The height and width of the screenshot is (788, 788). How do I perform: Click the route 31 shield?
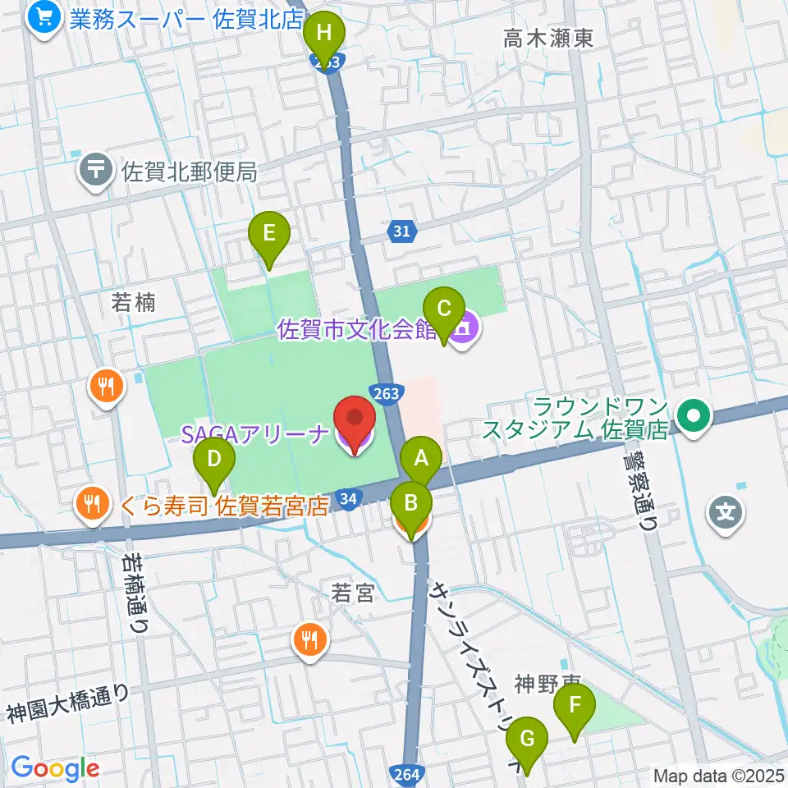pos(401,232)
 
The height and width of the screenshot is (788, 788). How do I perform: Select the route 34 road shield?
pos(350,498)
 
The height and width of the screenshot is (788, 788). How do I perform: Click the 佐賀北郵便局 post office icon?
pos(97,171)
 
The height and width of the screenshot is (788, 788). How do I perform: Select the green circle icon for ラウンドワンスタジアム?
pos(694,417)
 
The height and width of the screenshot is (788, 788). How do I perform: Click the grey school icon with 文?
pos(726,514)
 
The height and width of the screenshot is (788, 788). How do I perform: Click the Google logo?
pos(55,768)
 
